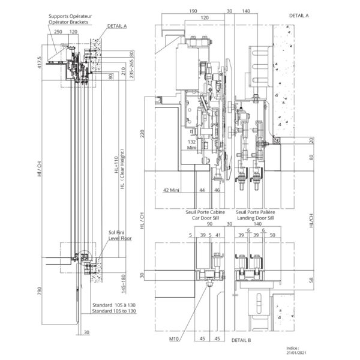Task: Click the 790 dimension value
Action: coord(39,292)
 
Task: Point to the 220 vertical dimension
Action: coord(142,134)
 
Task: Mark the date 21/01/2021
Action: coord(293,353)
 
